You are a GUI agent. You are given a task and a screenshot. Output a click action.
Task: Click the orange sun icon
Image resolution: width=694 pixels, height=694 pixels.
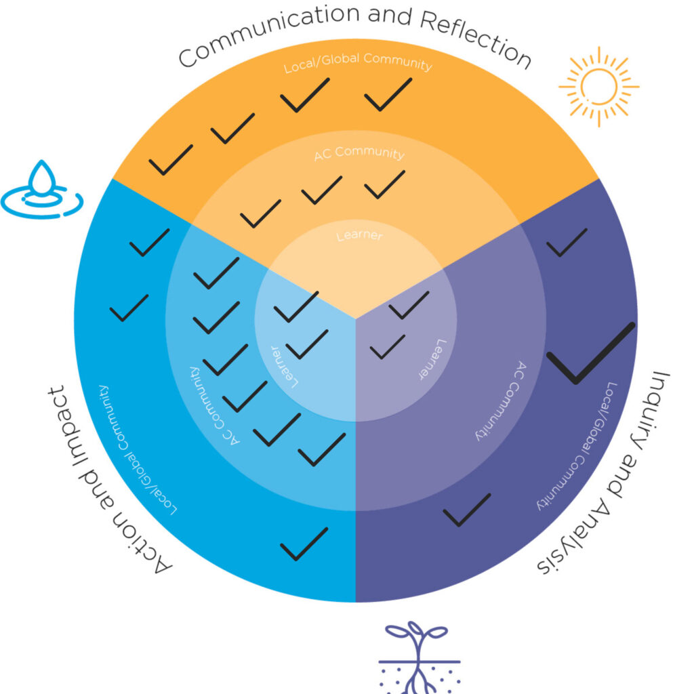point(598,86)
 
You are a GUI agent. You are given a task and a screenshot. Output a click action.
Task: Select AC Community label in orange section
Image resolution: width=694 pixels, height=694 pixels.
point(359,153)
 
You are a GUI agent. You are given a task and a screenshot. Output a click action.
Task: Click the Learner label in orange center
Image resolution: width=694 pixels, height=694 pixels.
point(359,236)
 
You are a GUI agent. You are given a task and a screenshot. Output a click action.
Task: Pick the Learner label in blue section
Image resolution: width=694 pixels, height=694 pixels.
point(285,367)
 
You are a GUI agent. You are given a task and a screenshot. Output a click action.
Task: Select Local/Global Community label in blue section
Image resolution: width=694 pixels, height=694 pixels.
point(138,448)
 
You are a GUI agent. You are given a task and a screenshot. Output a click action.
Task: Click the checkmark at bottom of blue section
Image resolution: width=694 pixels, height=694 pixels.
point(304,544)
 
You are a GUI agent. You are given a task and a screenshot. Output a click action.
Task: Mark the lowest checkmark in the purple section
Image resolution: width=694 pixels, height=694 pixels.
point(466,510)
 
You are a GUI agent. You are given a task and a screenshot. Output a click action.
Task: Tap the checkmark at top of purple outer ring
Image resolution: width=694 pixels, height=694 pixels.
point(567,242)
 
